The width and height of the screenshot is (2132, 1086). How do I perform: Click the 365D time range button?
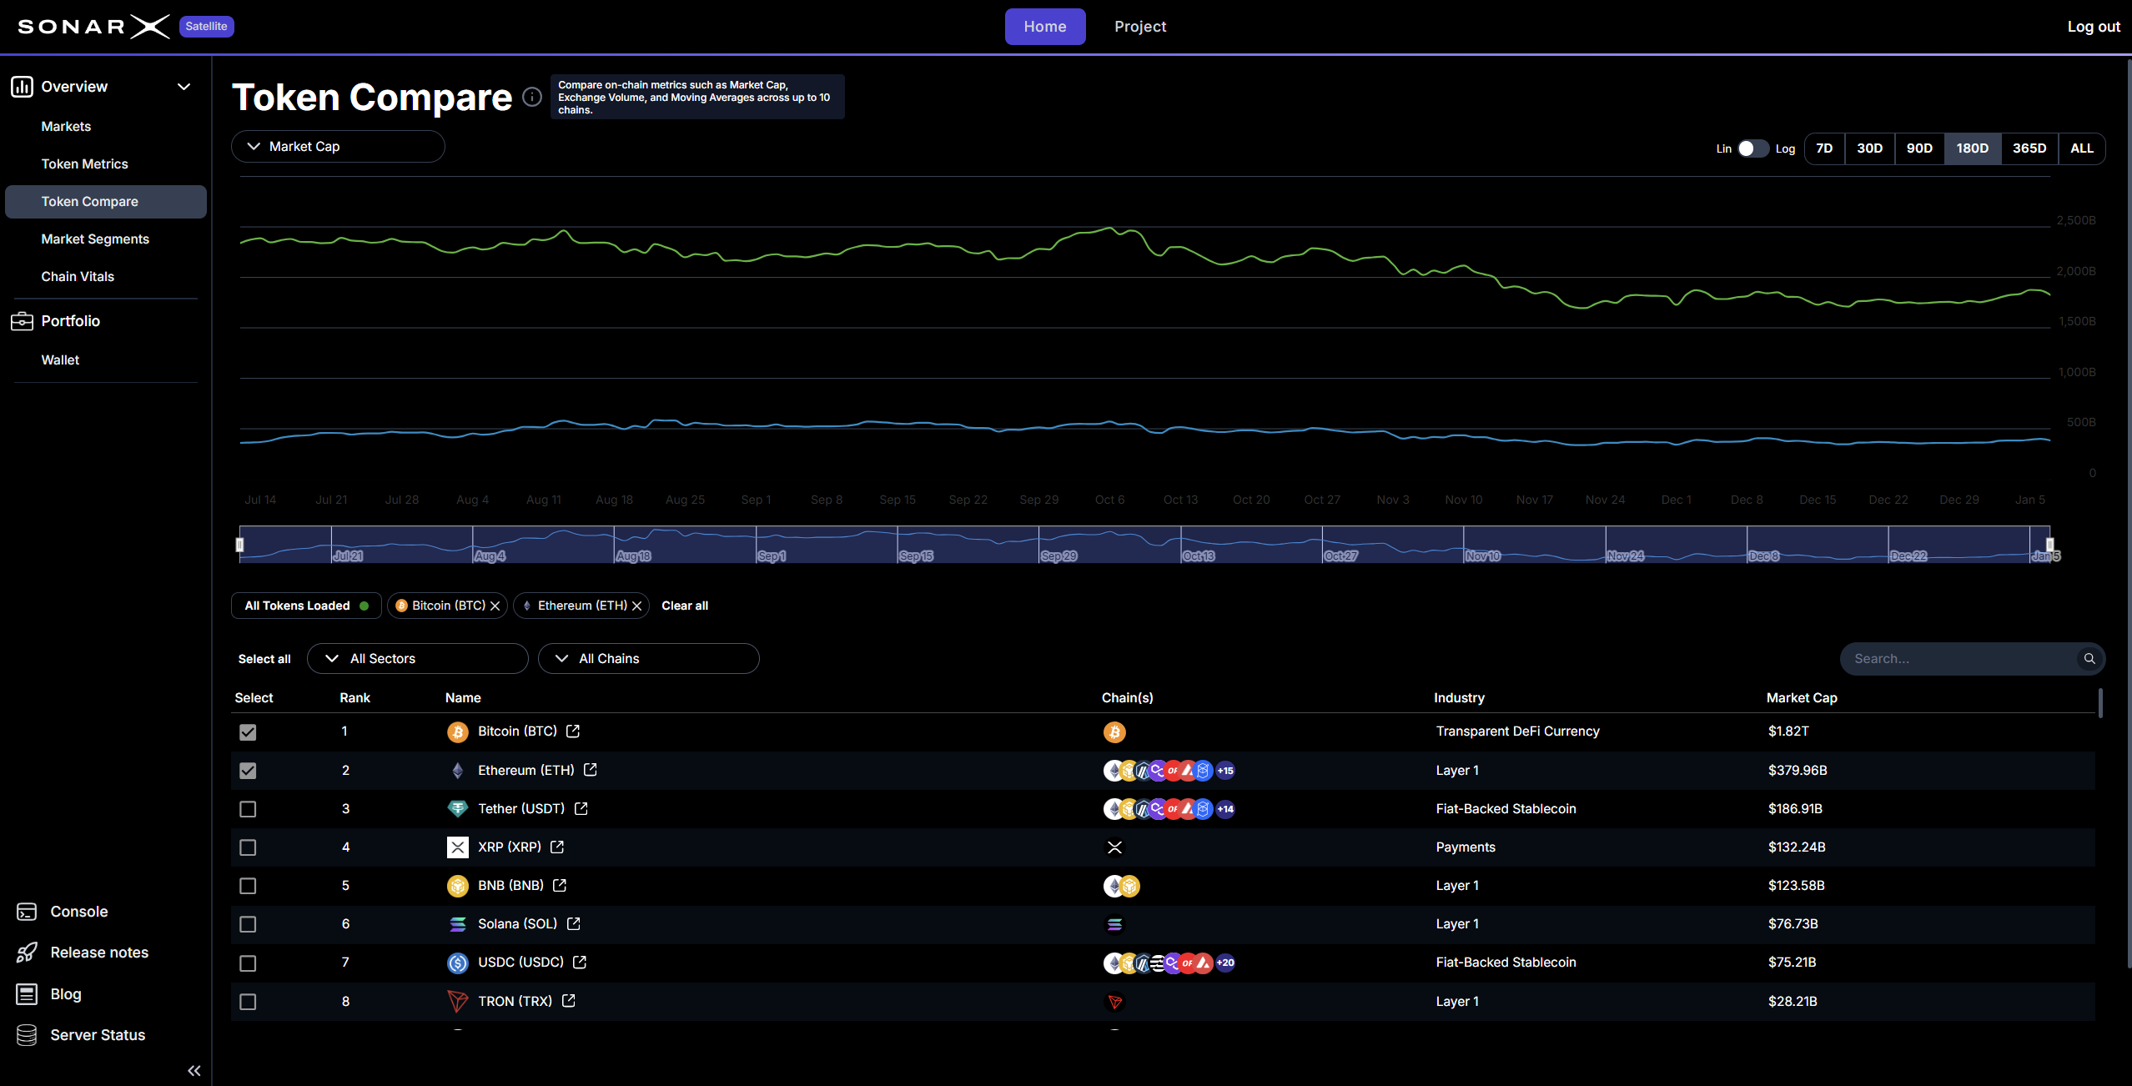pyautogui.click(x=2029, y=148)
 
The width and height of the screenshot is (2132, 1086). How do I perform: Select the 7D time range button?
pyautogui.click(x=1824, y=148)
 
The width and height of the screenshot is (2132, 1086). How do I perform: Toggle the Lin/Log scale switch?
pyautogui.click(x=1752, y=148)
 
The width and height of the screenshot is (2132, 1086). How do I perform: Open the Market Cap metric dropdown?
pyautogui.click(x=338, y=147)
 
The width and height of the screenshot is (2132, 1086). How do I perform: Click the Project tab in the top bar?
pyautogui.click(x=1139, y=27)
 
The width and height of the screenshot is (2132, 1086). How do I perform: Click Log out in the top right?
pyautogui.click(x=2093, y=27)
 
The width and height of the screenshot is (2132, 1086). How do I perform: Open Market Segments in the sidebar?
pyautogui.click(x=95, y=239)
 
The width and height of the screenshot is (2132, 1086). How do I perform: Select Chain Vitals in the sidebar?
pyautogui.click(x=78, y=277)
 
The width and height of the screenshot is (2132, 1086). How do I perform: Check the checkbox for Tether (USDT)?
pyautogui.click(x=248, y=809)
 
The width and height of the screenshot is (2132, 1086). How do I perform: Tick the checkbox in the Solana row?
pyautogui.click(x=248, y=924)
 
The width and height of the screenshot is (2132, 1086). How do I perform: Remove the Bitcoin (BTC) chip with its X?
pyautogui.click(x=495, y=606)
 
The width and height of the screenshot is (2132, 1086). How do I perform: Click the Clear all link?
pyautogui.click(x=684, y=606)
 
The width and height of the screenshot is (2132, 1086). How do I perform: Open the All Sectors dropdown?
pyautogui.click(x=417, y=659)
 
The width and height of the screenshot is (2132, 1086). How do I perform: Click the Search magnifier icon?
pyautogui.click(x=2089, y=659)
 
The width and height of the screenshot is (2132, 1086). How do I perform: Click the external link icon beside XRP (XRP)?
pyautogui.click(x=557, y=847)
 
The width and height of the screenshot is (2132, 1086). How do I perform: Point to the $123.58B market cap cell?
pyautogui.click(x=1796, y=886)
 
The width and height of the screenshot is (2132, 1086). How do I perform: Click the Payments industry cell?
pyautogui.click(x=1465, y=847)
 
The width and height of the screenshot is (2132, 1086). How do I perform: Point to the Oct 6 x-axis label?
pyautogui.click(x=1109, y=500)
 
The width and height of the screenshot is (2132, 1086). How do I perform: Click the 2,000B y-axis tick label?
pyautogui.click(x=2075, y=271)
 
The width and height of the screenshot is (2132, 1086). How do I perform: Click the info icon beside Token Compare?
pyautogui.click(x=532, y=98)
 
